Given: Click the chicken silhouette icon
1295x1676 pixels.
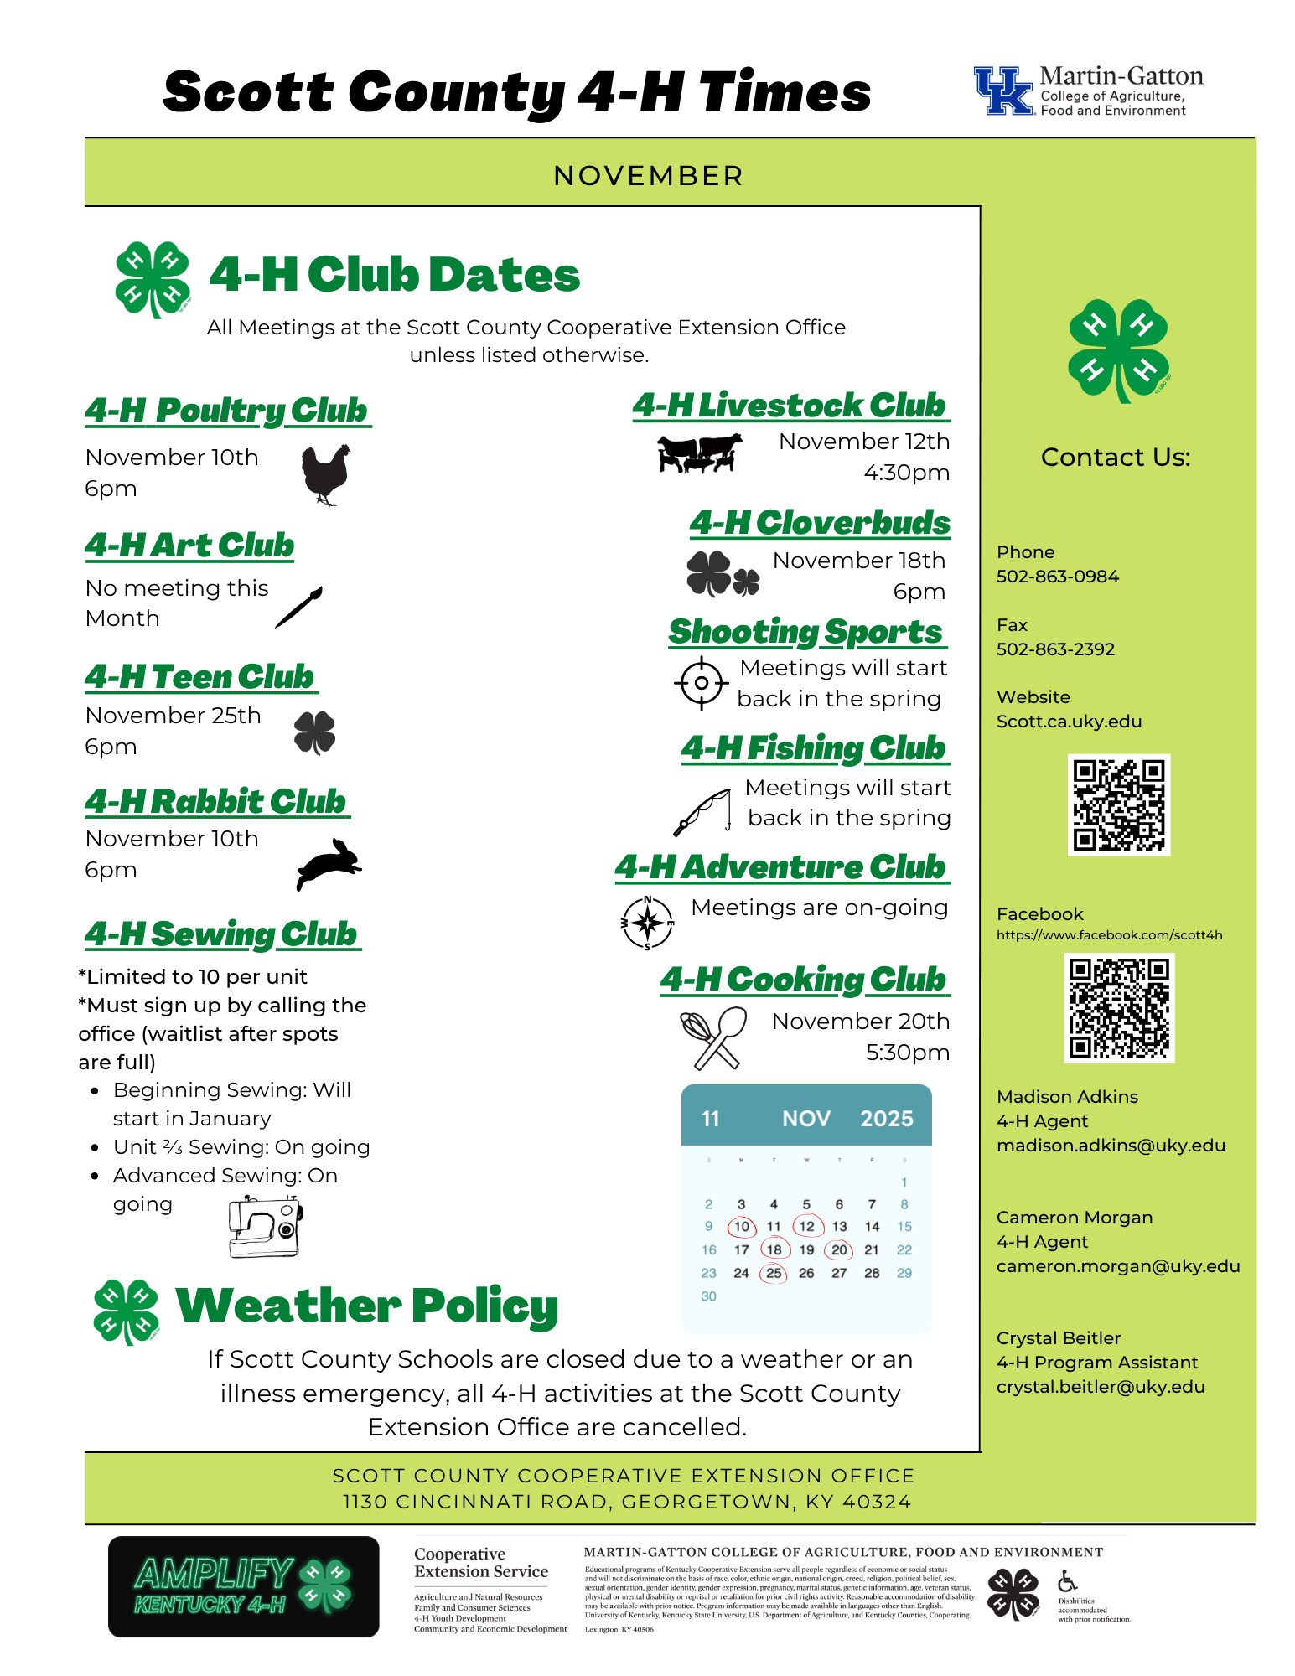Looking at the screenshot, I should point(325,474).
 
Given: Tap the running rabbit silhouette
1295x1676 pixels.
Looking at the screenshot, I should point(329,863).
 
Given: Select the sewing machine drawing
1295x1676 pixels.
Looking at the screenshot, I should point(265,1227).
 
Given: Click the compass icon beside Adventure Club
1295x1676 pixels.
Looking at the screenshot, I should point(647,923).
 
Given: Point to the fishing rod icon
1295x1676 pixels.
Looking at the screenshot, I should point(702,811).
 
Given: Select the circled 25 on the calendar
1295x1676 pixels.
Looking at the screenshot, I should point(773,1273).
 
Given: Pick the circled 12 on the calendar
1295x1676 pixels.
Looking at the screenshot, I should point(806,1226).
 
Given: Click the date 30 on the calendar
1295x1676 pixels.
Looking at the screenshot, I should point(708,1296).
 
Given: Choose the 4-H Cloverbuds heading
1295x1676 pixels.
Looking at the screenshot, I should point(819,523).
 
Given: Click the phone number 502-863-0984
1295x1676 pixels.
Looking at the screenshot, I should point(1057,577).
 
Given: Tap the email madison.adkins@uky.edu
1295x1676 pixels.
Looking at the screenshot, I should point(1111,1146).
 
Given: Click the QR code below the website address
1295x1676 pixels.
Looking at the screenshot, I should point(1118,804).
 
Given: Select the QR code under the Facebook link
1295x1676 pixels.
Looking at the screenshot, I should point(1119,1007).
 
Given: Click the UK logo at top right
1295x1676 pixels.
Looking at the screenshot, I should point(1002,91).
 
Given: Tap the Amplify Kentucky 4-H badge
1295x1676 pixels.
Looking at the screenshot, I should point(243,1585).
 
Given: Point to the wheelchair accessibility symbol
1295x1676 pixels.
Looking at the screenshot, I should point(1066,1580).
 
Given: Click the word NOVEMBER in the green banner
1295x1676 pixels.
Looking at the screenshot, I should point(648,176).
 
